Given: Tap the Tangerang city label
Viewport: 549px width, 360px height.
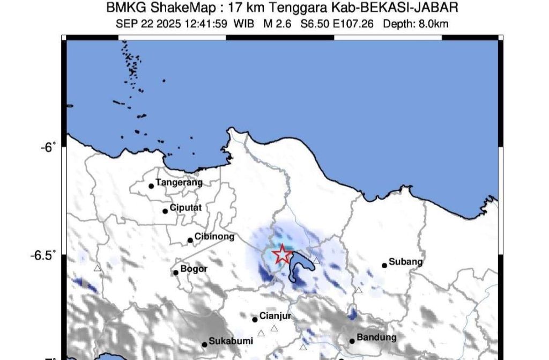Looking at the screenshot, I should coord(179,182).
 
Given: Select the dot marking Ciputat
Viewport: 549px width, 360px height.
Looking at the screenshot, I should coord(165,211).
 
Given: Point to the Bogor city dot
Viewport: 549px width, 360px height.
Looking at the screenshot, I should coord(175,273).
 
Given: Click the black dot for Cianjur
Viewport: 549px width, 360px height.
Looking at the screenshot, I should coord(255,319).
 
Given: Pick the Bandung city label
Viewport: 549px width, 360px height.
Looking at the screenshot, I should coord(376,337).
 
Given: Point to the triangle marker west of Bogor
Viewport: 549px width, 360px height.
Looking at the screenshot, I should coord(98,268).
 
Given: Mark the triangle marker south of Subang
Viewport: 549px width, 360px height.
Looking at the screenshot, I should coord(359,290).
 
